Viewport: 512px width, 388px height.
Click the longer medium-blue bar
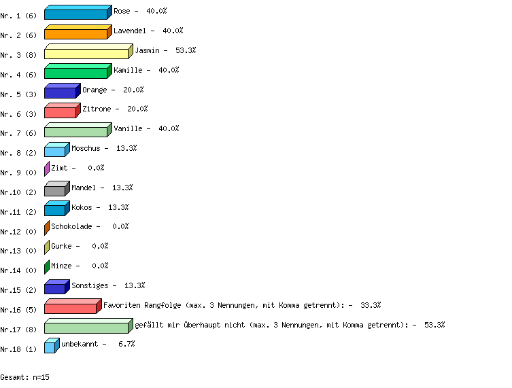(76, 14)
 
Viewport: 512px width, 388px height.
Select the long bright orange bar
(76, 34)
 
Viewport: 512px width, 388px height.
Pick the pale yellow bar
(86, 54)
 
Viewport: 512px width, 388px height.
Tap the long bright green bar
(76, 73)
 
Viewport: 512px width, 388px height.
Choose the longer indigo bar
(61, 92)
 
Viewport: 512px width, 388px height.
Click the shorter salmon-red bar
(61, 112)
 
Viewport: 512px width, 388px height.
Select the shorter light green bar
(76, 132)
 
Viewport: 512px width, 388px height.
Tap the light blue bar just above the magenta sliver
(55, 152)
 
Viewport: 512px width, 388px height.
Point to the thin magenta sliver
(47, 169)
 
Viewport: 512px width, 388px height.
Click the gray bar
(55, 191)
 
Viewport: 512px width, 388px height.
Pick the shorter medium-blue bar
(55, 211)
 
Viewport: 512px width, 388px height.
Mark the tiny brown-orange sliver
(47, 228)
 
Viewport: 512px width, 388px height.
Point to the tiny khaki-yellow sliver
(47, 248)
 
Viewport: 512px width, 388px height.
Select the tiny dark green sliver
(47, 267)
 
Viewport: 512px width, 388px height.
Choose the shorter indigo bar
(55, 289)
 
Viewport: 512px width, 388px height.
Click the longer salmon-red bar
(71, 308)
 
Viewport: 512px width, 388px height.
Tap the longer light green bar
(86, 328)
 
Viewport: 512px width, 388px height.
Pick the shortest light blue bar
(50, 348)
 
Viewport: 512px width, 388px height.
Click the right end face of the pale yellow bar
(131, 52)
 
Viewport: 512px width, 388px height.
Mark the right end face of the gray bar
(67, 189)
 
